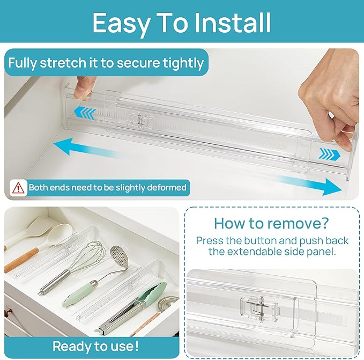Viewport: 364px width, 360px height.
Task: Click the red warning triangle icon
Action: click(18, 188)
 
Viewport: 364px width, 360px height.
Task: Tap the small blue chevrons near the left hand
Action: click(84, 112)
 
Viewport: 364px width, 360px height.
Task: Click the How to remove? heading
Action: click(271, 223)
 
